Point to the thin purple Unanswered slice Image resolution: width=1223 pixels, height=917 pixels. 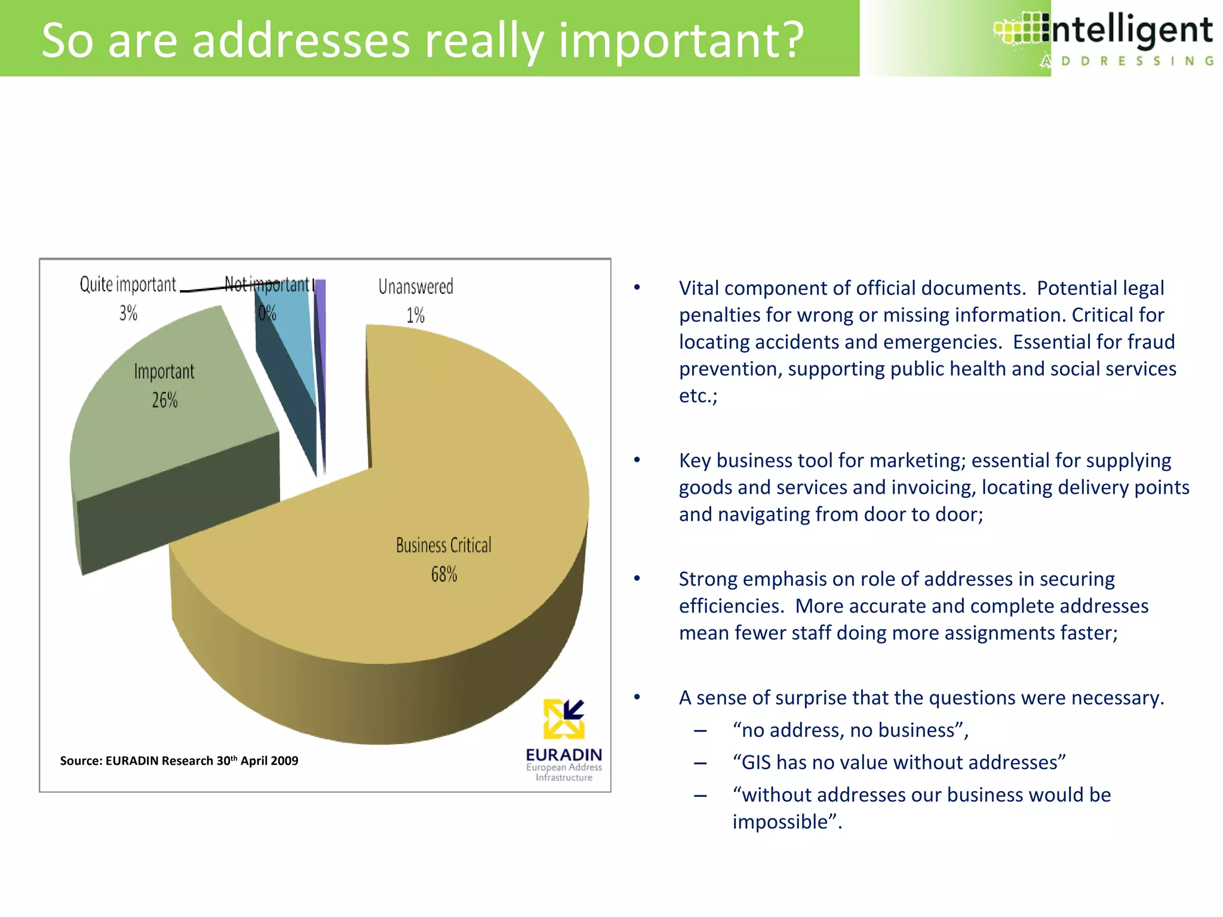coord(321,334)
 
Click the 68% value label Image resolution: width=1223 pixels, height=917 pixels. coord(444,574)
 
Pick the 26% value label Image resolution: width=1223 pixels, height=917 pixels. coord(165,400)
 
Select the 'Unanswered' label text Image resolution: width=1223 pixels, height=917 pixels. coord(416,287)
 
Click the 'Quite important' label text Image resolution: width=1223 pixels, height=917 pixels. coord(128,284)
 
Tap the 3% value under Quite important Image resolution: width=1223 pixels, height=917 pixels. coord(128,313)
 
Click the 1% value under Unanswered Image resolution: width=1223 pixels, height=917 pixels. coord(416,315)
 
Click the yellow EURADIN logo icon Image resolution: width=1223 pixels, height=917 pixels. coord(564,719)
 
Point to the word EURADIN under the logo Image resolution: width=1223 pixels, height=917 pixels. coord(564,755)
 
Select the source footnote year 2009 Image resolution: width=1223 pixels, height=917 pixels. coord(284,761)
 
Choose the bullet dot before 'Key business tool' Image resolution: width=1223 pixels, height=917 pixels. coord(637,460)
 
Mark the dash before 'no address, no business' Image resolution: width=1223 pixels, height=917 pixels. coord(700,731)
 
